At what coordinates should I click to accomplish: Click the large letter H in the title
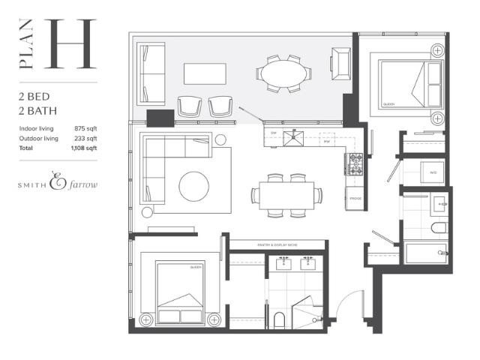(x=72, y=44)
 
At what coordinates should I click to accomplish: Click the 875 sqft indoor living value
(x=85, y=128)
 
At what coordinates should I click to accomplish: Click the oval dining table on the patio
(x=283, y=73)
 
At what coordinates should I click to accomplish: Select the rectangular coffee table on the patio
(x=205, y=73)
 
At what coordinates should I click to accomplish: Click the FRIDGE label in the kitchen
(x=355, y=198)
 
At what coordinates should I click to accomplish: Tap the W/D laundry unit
(x=433, y=172)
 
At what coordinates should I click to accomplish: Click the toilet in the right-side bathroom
(x=439, y=227)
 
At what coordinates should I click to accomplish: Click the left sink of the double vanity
(x=285, y=264)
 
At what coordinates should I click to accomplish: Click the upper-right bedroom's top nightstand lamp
(x=437, y=51)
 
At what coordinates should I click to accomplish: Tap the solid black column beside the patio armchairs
(x=160, y=117)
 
